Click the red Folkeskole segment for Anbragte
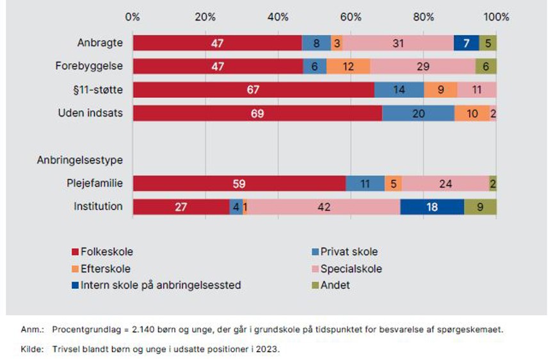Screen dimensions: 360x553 218,43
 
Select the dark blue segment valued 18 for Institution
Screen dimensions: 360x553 432,207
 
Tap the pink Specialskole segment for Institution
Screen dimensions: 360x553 321,207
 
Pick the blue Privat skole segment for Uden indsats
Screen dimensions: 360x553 419,113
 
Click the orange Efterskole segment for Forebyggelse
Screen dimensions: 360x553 348,67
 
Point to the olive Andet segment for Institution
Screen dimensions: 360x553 480,207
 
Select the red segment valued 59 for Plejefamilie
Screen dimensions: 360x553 239,184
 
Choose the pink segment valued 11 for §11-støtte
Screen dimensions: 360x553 477,90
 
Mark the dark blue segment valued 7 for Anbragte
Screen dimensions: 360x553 466,43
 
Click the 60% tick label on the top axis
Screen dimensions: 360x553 351,17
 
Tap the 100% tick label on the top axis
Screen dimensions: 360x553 496,17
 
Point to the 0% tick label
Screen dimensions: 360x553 132,17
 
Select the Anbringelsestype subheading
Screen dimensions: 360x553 80,160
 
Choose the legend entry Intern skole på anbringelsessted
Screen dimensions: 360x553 156,285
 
